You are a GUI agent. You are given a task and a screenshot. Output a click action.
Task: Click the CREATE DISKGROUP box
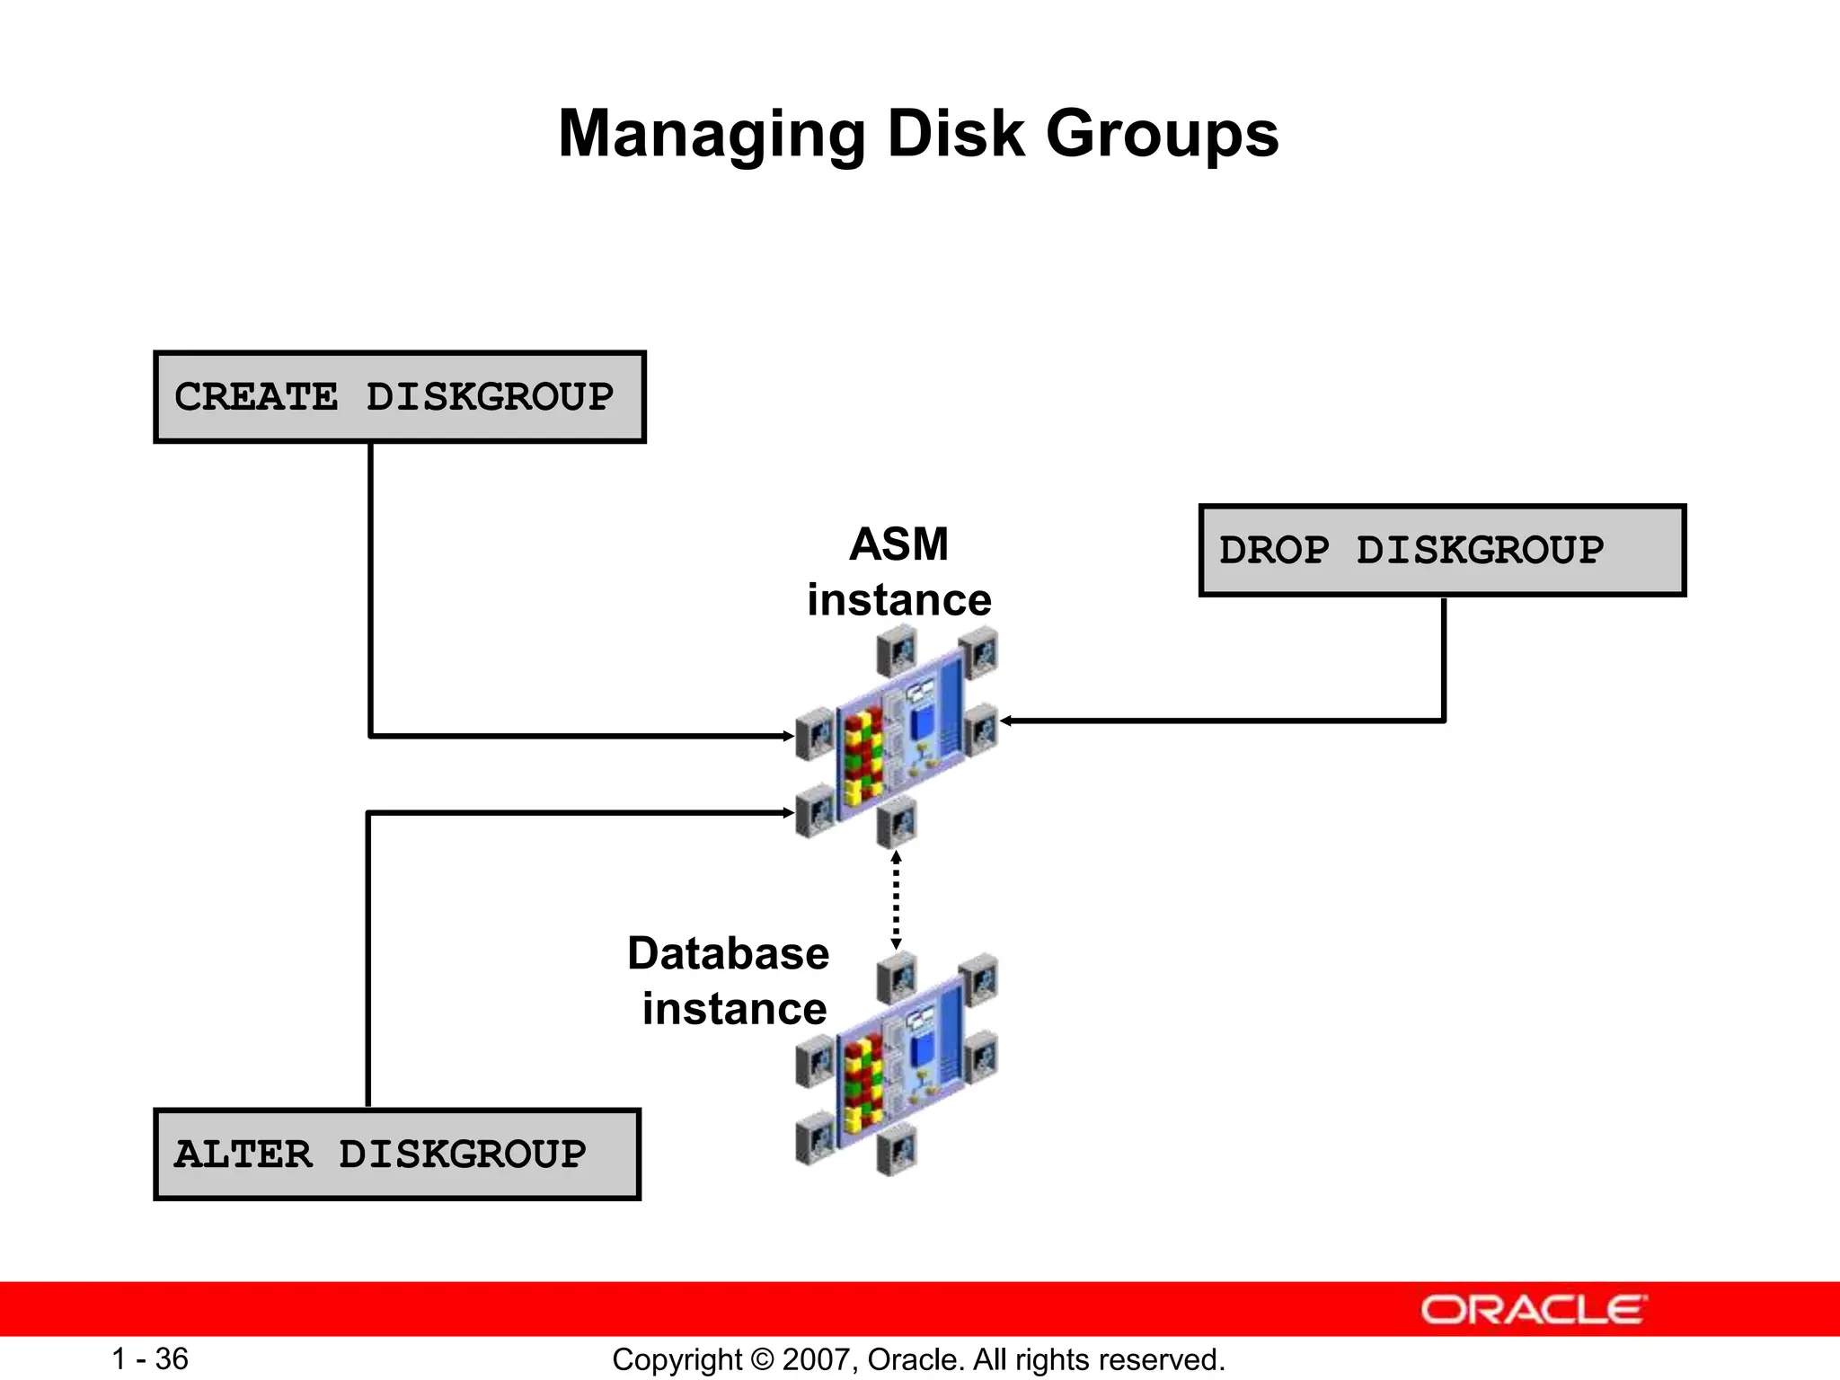(400, 397)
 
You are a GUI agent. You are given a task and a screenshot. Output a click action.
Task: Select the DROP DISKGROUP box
(1442, 551)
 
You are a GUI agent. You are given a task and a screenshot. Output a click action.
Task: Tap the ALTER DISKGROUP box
(396, 1154)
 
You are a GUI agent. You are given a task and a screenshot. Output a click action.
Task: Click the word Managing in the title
(712, 135)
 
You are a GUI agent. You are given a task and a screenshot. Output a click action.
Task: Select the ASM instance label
(899, 571)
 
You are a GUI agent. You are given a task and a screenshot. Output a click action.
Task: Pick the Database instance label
(729, 981)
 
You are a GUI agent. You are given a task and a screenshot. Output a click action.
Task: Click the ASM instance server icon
(897, 737)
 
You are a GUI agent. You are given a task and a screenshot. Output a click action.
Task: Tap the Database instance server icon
(897, 1064)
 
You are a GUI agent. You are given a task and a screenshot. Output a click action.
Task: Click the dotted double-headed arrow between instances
(896, 900)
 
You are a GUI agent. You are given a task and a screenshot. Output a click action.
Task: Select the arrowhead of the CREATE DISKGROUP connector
(788, 736)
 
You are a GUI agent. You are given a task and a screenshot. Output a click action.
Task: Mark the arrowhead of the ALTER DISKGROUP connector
(788, 813)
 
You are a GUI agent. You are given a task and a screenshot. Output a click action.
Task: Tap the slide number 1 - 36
(150, 1358)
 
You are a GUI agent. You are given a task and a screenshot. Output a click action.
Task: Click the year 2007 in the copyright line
(811, 1359)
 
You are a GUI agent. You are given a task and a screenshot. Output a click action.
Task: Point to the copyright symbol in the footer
(762, 1359)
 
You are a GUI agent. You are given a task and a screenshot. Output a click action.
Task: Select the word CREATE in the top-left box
(256, 397)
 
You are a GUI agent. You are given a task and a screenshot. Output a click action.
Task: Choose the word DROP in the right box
(1274, 551)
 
